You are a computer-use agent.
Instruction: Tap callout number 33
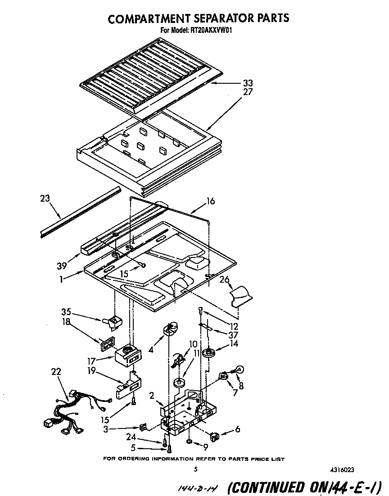click(248, 83)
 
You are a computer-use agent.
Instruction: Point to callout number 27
click(248, 92)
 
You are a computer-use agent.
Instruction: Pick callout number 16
click(210, 202)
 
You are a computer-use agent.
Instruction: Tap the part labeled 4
click(171, 329)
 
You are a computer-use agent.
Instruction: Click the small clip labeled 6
click(215, 435)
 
